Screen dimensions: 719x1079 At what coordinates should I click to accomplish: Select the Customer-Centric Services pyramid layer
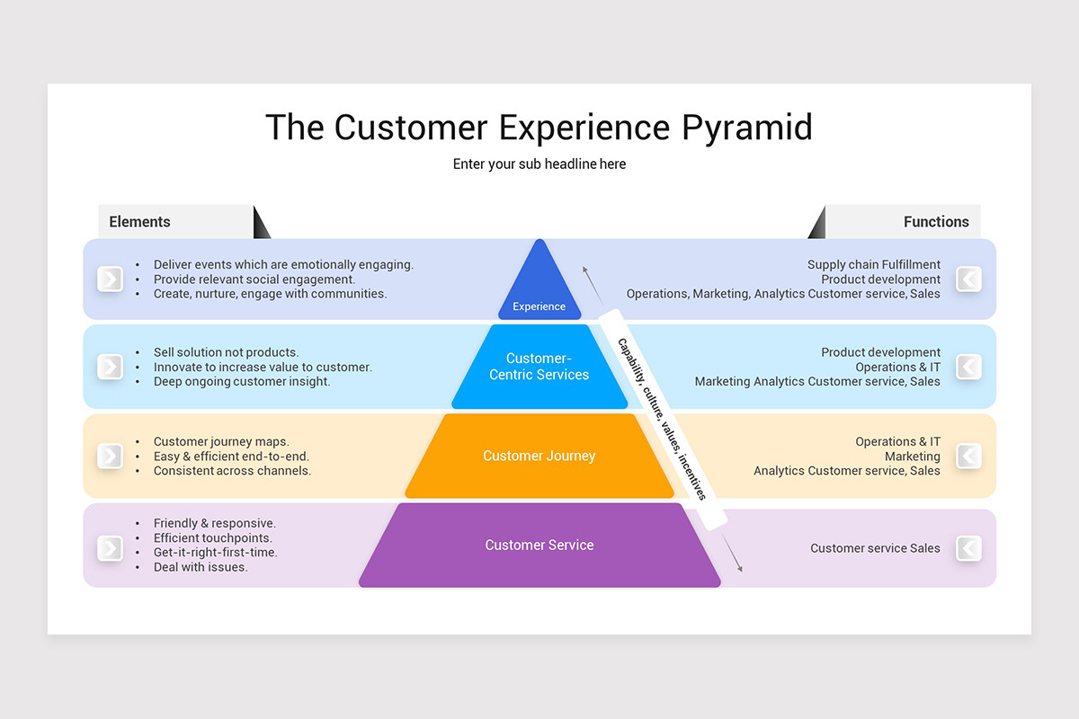pyautogui.click(x=539, y=367)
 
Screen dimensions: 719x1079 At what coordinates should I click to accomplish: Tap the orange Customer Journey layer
pyautogui.click(x=539, y=456)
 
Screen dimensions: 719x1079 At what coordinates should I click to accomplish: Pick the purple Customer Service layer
pyautogui.click(x=539, y=545)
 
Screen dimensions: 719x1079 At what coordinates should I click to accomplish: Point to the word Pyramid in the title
pyautogui.click(x=746, y=128)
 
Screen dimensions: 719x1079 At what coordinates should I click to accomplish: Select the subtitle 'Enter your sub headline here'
pyautogui.click(x=539, y=164)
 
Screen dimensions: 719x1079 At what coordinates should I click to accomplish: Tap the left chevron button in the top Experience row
pyautogui.click(x=110, y=280)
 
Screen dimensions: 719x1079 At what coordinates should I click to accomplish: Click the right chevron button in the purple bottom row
pyautogui.click(x=968, y=548)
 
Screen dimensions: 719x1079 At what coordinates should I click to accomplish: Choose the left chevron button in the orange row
pyautogui.click(x=110, y=456)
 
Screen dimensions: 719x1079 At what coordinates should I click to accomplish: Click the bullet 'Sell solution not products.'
pyautogui.click(x=226, y=352)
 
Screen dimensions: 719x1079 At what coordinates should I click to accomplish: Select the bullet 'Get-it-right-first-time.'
pyautogui.click(x=215, y=553)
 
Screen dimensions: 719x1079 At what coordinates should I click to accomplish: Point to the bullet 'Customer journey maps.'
pyautogui.click(x=221, y=441)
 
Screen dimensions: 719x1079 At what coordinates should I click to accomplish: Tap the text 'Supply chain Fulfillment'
pyautogui.click(x=873, y=264)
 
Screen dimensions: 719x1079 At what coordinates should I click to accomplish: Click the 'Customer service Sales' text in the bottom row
pyautogui.click(x=875, y=548)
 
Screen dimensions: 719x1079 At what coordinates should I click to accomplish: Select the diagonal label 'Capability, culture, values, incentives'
pyautogui.click(x=661, y=419)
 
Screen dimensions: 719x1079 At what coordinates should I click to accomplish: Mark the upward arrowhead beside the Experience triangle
pyautogui.click(x=584, y=270)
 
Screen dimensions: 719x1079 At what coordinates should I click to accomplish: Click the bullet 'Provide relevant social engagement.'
pyautogui.click(x=254, y=280)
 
